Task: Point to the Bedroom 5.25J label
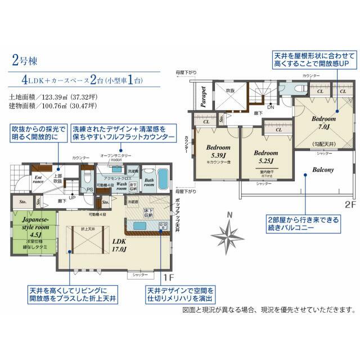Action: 265,155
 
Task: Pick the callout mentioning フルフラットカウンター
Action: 124,133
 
